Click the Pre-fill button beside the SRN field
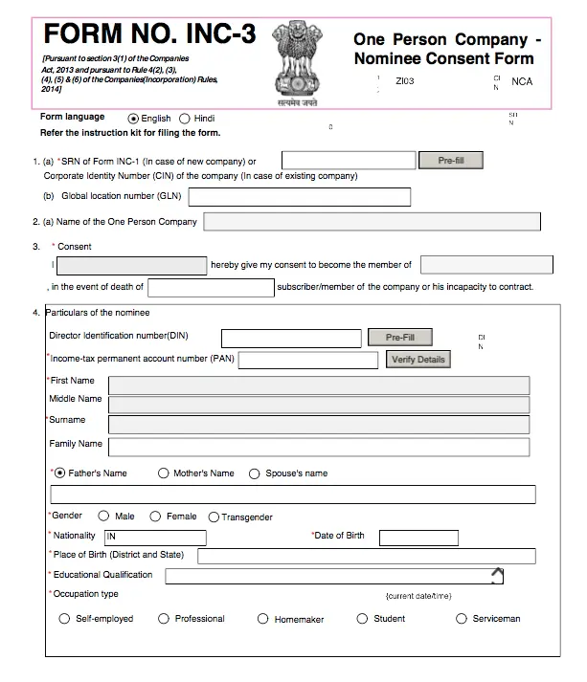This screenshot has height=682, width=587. [x=451, y=161]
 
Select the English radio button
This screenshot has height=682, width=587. [x=133, y=119]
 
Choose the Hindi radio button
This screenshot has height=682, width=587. [x=185, y=119]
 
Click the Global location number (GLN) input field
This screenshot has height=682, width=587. [x=300, y=197]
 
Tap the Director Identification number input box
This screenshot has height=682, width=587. [x=288, y=338]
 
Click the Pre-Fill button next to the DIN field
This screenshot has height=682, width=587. [x=400, y=338]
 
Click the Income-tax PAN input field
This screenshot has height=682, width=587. [x=308, y=360]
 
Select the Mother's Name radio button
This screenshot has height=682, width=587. [x=164, y=473]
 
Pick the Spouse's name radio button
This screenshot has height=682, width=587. [x=255, y=473]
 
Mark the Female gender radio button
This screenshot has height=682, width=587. [x=156, y=517]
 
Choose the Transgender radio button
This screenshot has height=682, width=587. [x=214, y=517]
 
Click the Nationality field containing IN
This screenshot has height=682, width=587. [x=154, y=538]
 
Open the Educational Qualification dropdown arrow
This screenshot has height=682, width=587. [x=496, y=576]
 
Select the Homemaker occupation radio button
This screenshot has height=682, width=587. [x=263, y=620]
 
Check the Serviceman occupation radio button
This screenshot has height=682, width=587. [x=460, y=619]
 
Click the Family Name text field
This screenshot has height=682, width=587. [x=318, y=446]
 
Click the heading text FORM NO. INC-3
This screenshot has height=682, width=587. [x=149, y=34]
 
